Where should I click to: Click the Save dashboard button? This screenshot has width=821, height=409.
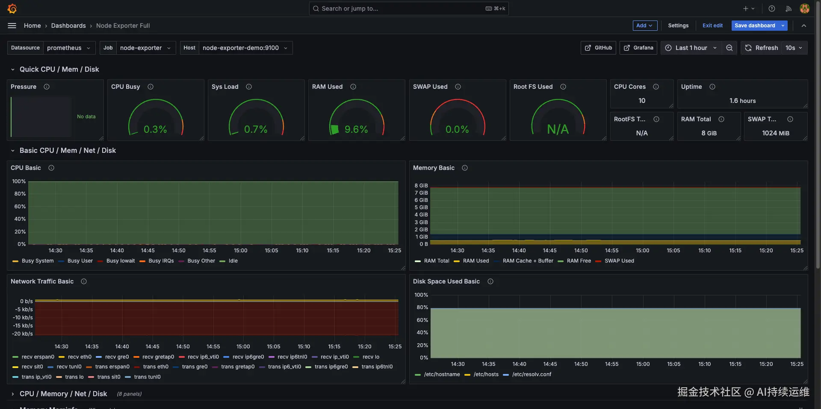point(755,26)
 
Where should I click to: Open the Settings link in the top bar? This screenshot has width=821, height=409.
point(678,26)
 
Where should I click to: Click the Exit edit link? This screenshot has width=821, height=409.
point(712,26)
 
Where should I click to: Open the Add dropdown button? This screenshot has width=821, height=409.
point(644,26)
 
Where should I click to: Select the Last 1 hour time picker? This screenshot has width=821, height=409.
point(691,48)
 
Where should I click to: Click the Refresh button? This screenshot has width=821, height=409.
point(762,48)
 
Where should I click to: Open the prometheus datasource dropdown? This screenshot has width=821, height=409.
point(68,48)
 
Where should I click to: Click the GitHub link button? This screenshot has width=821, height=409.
point(598,48)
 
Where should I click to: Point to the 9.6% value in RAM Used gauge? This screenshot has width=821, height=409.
point(356,129)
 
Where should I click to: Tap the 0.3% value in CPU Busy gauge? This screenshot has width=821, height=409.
point(155,129)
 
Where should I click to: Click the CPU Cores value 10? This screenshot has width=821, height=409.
point(641,101)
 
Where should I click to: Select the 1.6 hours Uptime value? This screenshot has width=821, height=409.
point(742,101)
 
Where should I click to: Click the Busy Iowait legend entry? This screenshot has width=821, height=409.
point(120,261)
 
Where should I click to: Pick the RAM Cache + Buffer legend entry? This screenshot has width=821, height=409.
point(528,261)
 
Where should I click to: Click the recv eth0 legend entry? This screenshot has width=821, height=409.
point(80,357)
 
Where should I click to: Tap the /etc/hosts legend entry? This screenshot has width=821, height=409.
point(486,374)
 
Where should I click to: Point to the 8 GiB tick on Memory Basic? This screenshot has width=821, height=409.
point(421,186)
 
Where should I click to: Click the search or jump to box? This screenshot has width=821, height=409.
point(408,9)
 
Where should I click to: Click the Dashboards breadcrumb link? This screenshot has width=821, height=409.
point(68,26)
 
